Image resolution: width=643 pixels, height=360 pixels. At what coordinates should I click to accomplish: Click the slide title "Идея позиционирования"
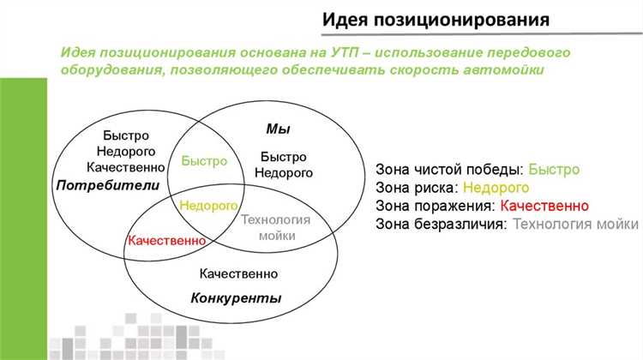tap(437, 18)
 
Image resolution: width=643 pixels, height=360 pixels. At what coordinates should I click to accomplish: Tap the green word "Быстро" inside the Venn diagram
tap(205, 160)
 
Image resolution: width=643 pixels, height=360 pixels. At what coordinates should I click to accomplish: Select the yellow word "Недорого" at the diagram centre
tap(207, 207)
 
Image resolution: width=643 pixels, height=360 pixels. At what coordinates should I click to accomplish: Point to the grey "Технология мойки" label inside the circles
tap(274, 227)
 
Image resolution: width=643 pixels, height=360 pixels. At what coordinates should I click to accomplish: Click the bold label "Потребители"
tap(109, 185)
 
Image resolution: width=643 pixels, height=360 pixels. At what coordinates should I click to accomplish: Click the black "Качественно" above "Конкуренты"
tap(238, 274)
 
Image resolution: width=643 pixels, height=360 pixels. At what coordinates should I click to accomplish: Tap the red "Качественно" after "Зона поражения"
tap(544, 206)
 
